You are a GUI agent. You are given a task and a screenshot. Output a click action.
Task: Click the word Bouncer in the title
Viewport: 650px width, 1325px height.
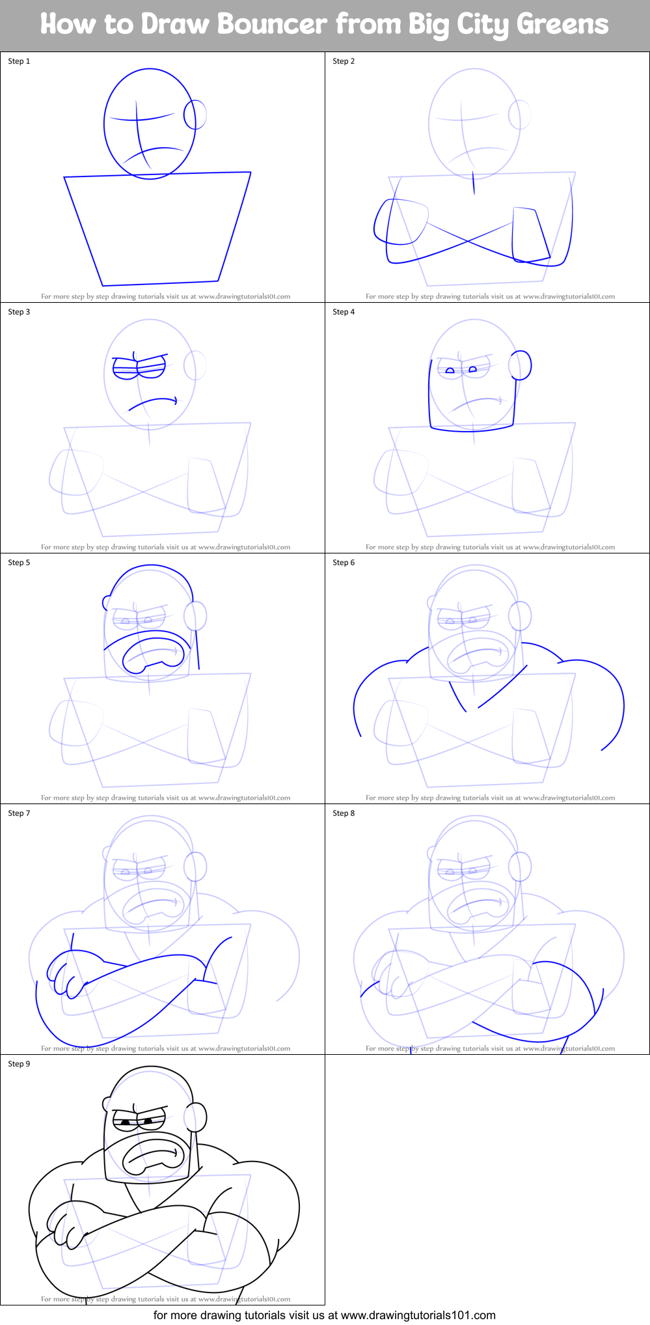point(272,25)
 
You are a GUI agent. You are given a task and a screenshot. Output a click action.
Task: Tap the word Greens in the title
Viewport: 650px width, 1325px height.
point(562,25)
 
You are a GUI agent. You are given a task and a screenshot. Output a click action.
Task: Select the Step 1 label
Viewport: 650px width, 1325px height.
point(19,61)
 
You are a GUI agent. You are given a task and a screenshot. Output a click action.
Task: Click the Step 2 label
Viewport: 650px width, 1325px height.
point(344,61)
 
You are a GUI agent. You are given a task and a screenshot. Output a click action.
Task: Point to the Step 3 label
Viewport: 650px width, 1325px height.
point(19,312)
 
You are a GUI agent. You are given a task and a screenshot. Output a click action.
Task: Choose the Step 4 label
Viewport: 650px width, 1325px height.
point(344,312)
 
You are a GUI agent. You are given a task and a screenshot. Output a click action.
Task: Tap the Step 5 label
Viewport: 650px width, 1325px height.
point(19,563)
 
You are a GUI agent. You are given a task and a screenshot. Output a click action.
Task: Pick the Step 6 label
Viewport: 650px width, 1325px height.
point(344,563)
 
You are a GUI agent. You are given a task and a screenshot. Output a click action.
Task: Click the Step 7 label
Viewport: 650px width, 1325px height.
point(19,813)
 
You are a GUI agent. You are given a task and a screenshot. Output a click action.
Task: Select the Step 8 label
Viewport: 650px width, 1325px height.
point(344,813)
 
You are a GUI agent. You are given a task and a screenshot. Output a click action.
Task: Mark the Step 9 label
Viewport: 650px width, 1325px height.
point(19,1064)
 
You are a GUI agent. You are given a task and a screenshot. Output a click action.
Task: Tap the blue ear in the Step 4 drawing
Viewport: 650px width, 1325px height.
point(521,365)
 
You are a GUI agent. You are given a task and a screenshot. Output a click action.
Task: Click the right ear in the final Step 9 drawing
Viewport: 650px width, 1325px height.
point(196,1117)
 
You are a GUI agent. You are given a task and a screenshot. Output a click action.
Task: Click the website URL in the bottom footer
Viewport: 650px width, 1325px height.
point(418,1315)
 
